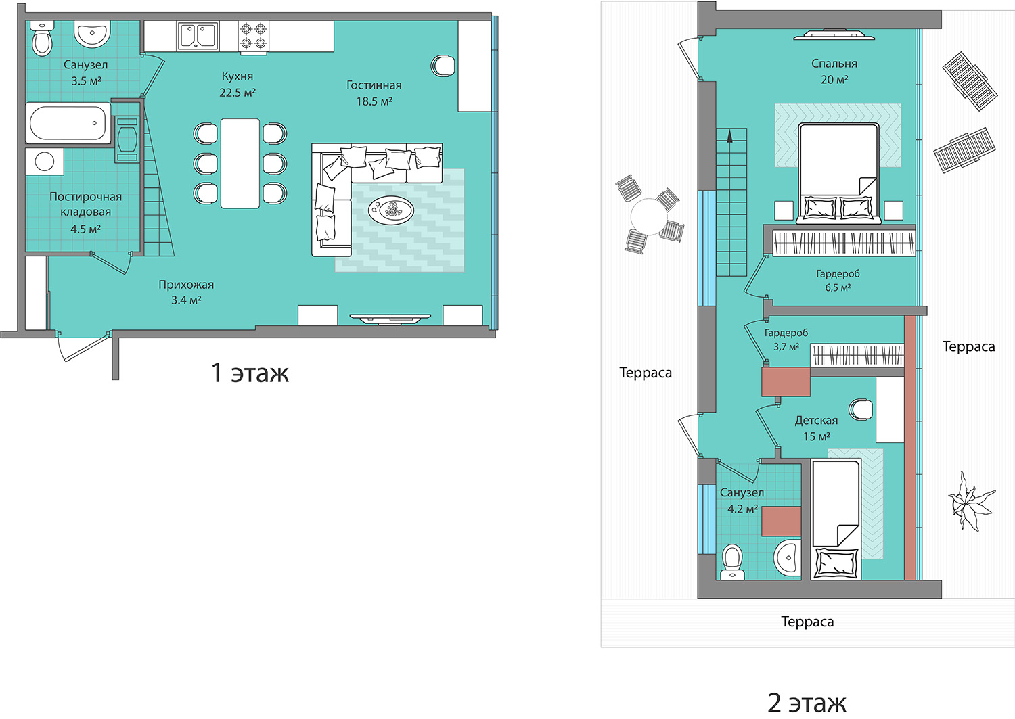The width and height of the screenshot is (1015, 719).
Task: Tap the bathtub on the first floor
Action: coord(68,123)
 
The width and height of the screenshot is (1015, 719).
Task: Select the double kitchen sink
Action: coord(198,36)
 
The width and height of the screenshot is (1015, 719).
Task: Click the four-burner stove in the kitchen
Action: coord(253,37)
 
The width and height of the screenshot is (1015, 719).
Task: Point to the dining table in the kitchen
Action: coord(240,164)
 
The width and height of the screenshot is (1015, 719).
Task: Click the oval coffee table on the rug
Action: coord(390,210)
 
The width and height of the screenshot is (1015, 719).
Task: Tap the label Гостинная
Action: coord(374,85)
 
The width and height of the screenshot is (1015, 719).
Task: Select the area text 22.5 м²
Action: coord(238,93)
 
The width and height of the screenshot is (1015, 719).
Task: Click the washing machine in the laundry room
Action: coord(45,161)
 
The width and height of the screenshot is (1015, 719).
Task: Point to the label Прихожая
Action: coord(186,285)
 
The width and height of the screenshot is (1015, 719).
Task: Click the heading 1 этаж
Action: coord(250,373)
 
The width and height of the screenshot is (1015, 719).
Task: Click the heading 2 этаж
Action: coord(807,702)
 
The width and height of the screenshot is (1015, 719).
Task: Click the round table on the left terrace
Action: coord(649,217)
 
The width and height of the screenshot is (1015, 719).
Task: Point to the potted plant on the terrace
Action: coord(971,501)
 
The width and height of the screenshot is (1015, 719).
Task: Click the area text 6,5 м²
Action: coord(838,287)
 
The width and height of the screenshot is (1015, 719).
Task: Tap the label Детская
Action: coord(816,421)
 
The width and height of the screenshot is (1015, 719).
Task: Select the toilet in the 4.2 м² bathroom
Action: coord(732,562)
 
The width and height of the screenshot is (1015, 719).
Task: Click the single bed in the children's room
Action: coord(836,519)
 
